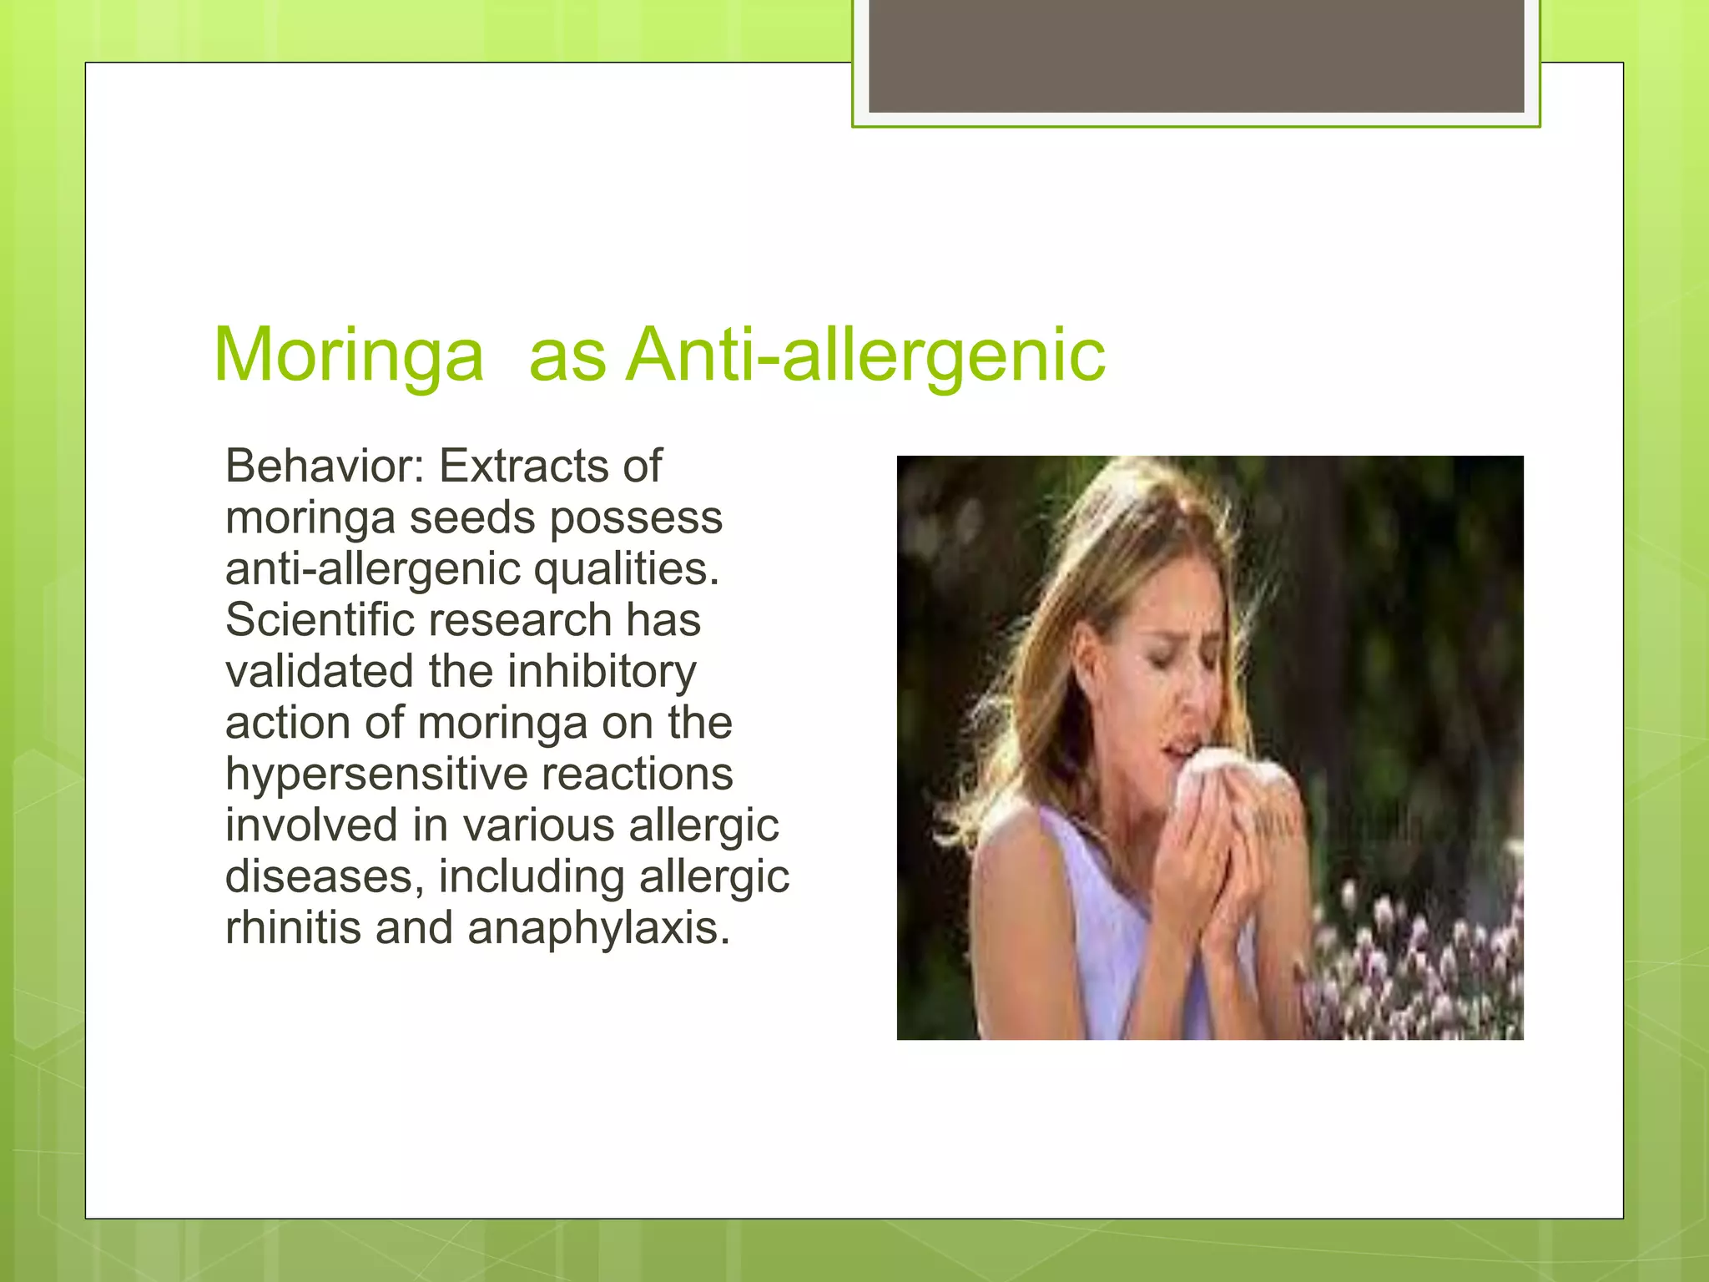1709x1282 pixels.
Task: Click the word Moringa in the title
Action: point(349,356)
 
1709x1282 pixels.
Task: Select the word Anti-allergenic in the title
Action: point(866,356)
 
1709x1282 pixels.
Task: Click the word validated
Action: point(320,672)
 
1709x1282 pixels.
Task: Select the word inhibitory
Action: point(602,672)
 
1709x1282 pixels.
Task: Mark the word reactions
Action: point(638,775)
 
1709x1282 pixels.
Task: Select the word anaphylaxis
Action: point(598,928)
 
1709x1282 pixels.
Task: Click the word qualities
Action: point(626,569)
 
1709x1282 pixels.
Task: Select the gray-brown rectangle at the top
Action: point(1196,56)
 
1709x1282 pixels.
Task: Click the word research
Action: point(521,620)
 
